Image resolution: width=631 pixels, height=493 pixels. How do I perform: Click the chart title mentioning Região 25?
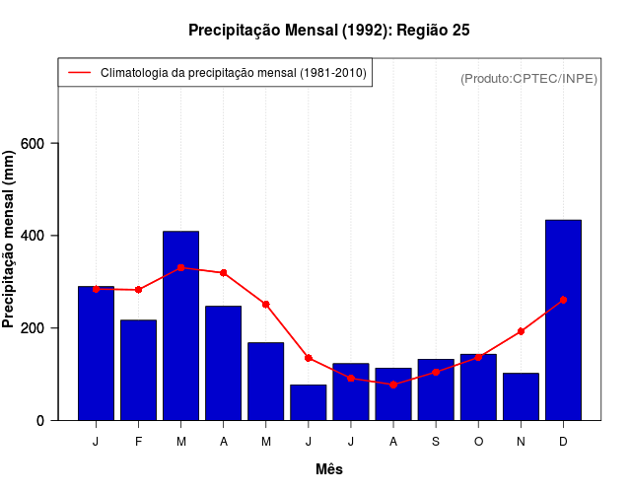(x=328, y=31)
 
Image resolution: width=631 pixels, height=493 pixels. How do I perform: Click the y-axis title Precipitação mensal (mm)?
(x=10, y=233)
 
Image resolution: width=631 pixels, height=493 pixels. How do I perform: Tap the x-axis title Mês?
(x=329, y=469)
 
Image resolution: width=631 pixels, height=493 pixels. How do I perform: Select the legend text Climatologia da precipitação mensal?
(x=234, y=73)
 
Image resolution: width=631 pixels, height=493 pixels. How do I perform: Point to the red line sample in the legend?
(x=79, y=73)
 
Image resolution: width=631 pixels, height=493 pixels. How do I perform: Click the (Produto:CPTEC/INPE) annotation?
(x=528, y=79)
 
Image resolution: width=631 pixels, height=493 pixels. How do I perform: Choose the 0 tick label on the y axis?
(x=41, y=420)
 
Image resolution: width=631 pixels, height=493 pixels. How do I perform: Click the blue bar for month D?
(x=563, y=320)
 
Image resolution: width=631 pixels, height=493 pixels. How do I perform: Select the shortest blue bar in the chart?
(x=308, y=402)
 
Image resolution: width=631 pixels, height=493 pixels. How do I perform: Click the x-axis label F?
(x=138, y=442)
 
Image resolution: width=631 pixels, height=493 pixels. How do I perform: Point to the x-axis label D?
(x=563, y=442)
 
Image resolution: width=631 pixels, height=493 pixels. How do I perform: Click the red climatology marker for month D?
(x=563, y=300)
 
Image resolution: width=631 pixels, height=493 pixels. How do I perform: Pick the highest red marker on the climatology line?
(x=180, y=267)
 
